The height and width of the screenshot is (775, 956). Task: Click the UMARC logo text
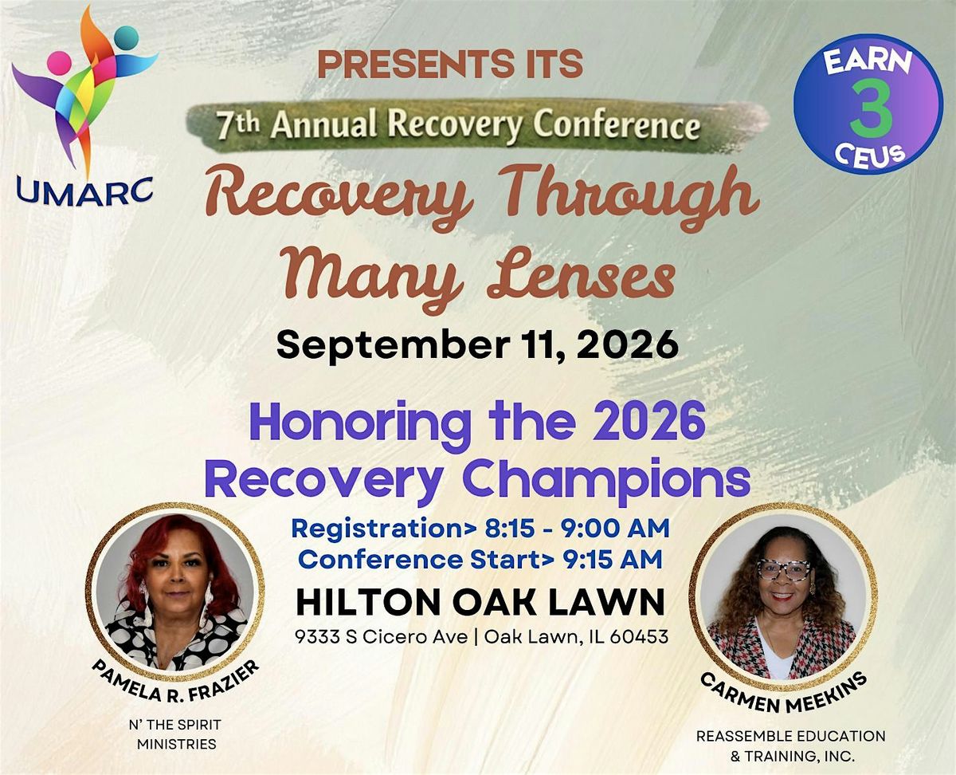pos(84,191)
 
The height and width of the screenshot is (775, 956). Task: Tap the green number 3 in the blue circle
pos(870,111)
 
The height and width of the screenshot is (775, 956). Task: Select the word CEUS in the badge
pos(869,155)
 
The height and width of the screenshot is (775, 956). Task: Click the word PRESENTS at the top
pos(402,64)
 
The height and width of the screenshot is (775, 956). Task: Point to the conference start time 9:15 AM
pos(613,560)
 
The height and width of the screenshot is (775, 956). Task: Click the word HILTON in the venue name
pos(370,603)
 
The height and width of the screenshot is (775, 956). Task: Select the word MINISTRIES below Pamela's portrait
pos(177,744)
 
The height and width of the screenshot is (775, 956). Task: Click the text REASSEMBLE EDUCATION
pos(791,736)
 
